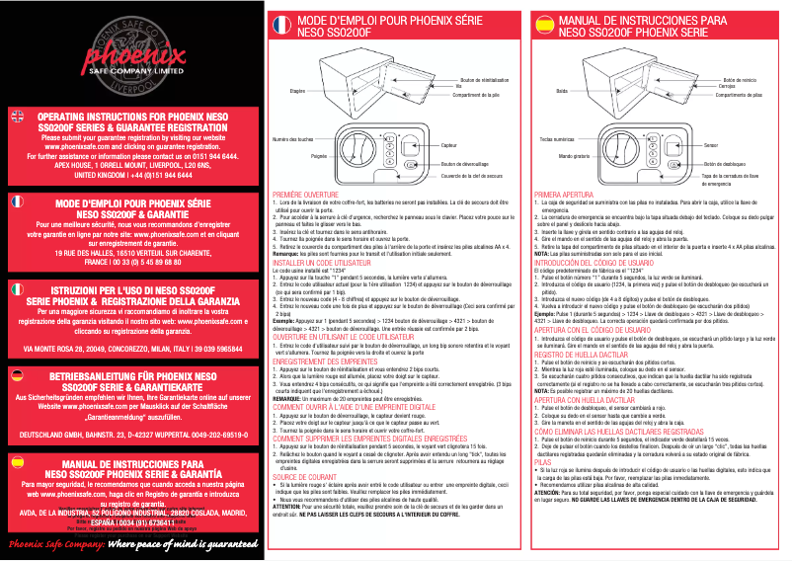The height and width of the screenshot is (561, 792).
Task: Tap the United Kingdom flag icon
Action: click(16, 117)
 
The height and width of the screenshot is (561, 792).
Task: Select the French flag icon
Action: click(16, 201)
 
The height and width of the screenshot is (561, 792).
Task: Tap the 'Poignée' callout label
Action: click(318, 156)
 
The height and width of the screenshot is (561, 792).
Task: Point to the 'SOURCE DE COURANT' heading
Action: click(303, 476)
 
